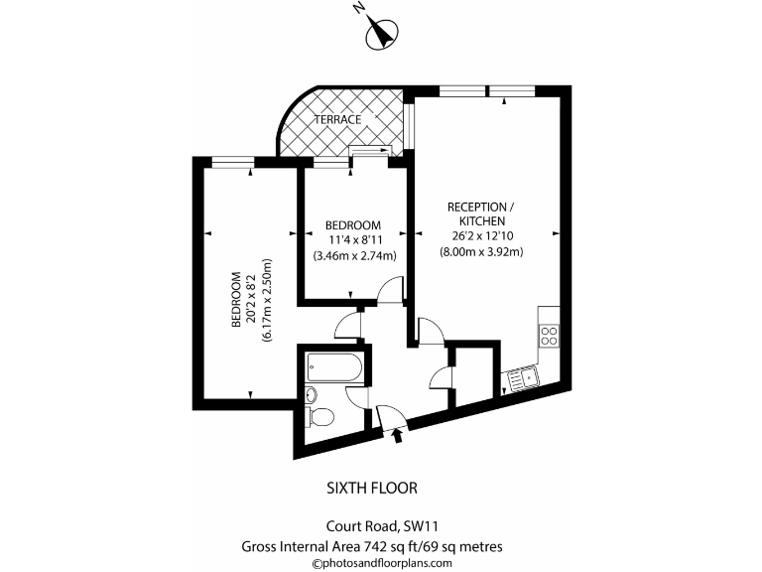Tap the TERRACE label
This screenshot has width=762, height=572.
pyautogui.click(x=338, y=120)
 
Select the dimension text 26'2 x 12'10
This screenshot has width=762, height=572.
pyautogui.click(x=481, y=236)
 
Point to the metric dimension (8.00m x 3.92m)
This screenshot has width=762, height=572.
pyautogui.click(x=481, y=252)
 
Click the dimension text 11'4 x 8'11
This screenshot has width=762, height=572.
pyautogui.click(x=354, y=239)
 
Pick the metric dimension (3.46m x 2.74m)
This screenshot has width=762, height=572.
pyautogui.click(x=354, y=255)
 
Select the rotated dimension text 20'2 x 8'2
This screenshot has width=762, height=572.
pyautogui.click(x=251, y=299)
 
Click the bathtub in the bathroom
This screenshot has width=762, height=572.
pyautogui.click(x=332, y=368)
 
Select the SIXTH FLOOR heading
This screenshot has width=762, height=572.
pyautogui.click(x=372, y=488)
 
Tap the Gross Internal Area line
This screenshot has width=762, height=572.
pyautogui.click(x=372, y=545)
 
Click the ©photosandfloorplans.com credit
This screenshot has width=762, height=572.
pyautogui.click(x=382, y=562)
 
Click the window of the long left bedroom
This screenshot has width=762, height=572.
pyautogui.click(x=232, y=161)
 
